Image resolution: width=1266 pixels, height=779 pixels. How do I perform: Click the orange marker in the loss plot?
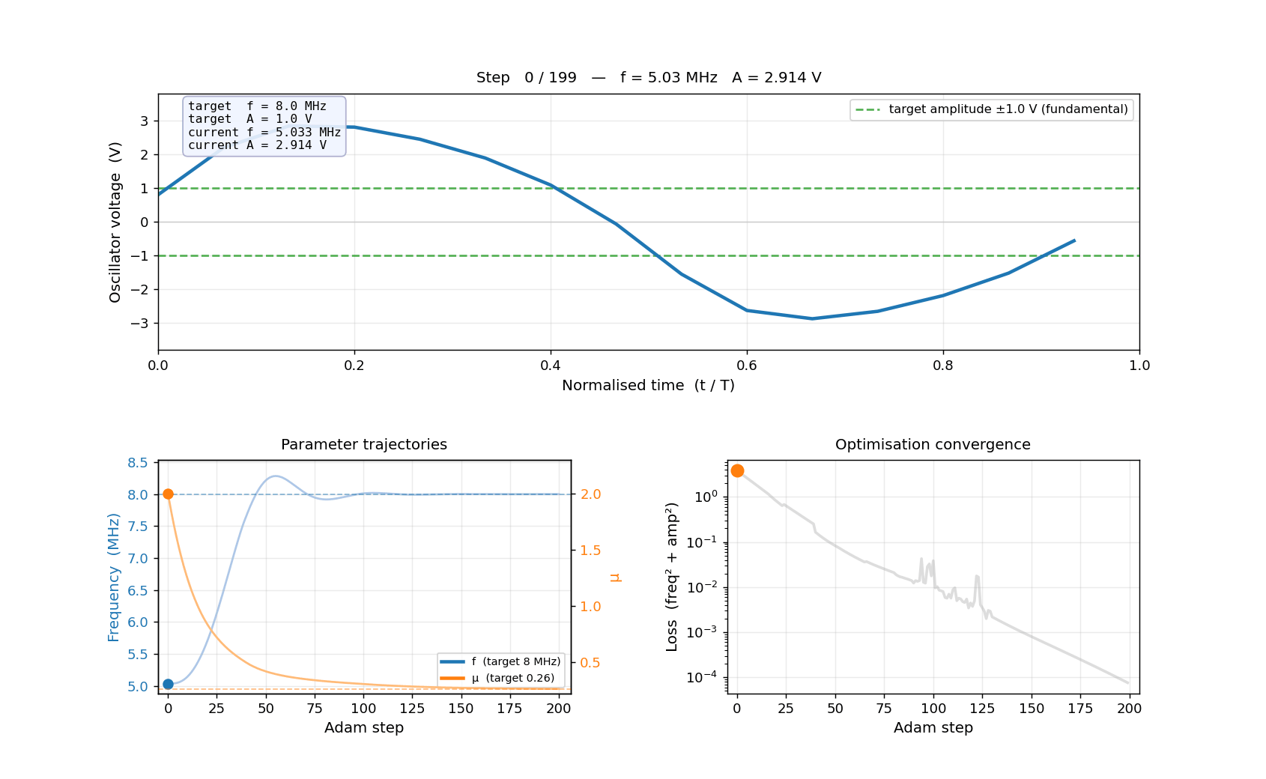(x=737, y=470)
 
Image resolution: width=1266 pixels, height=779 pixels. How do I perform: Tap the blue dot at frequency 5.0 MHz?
(x=168, y=684)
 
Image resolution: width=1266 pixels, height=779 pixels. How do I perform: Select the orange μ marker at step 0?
(x=168, y=494)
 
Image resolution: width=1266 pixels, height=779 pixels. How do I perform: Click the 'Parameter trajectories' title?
(x=364, y=444)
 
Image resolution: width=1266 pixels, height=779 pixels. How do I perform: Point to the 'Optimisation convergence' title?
(x=933, y=444)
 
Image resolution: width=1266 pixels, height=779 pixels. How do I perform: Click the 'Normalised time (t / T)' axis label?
(x=648, y=385)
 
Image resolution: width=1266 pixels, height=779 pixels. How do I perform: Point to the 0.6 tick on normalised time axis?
(x=747, y=366)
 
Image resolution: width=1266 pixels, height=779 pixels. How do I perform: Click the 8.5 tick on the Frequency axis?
(x=138, y=463)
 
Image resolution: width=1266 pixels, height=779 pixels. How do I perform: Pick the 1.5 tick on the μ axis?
(x=591, y=551)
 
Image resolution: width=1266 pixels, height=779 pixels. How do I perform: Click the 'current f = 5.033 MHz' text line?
(x=264, y=132)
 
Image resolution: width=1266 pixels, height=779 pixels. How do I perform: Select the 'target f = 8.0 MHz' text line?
(x=257, y=106)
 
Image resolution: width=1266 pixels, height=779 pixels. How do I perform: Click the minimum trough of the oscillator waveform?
(x=812, y=318)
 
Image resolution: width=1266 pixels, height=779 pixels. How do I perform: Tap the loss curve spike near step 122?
(x=977, y=576)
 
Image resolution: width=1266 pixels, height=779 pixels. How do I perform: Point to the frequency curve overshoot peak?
(x=276, y=476)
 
